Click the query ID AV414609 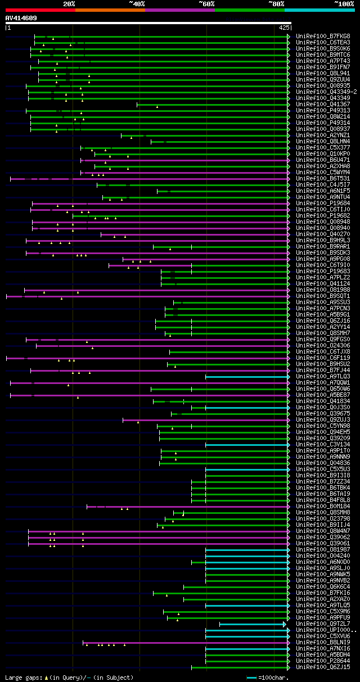click(21, 18)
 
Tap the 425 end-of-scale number click(284, 27)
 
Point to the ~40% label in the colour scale click(137, 3)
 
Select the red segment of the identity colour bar click(40, 10)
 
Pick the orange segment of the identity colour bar click(110, 10)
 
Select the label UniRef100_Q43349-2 click(326, 92)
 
